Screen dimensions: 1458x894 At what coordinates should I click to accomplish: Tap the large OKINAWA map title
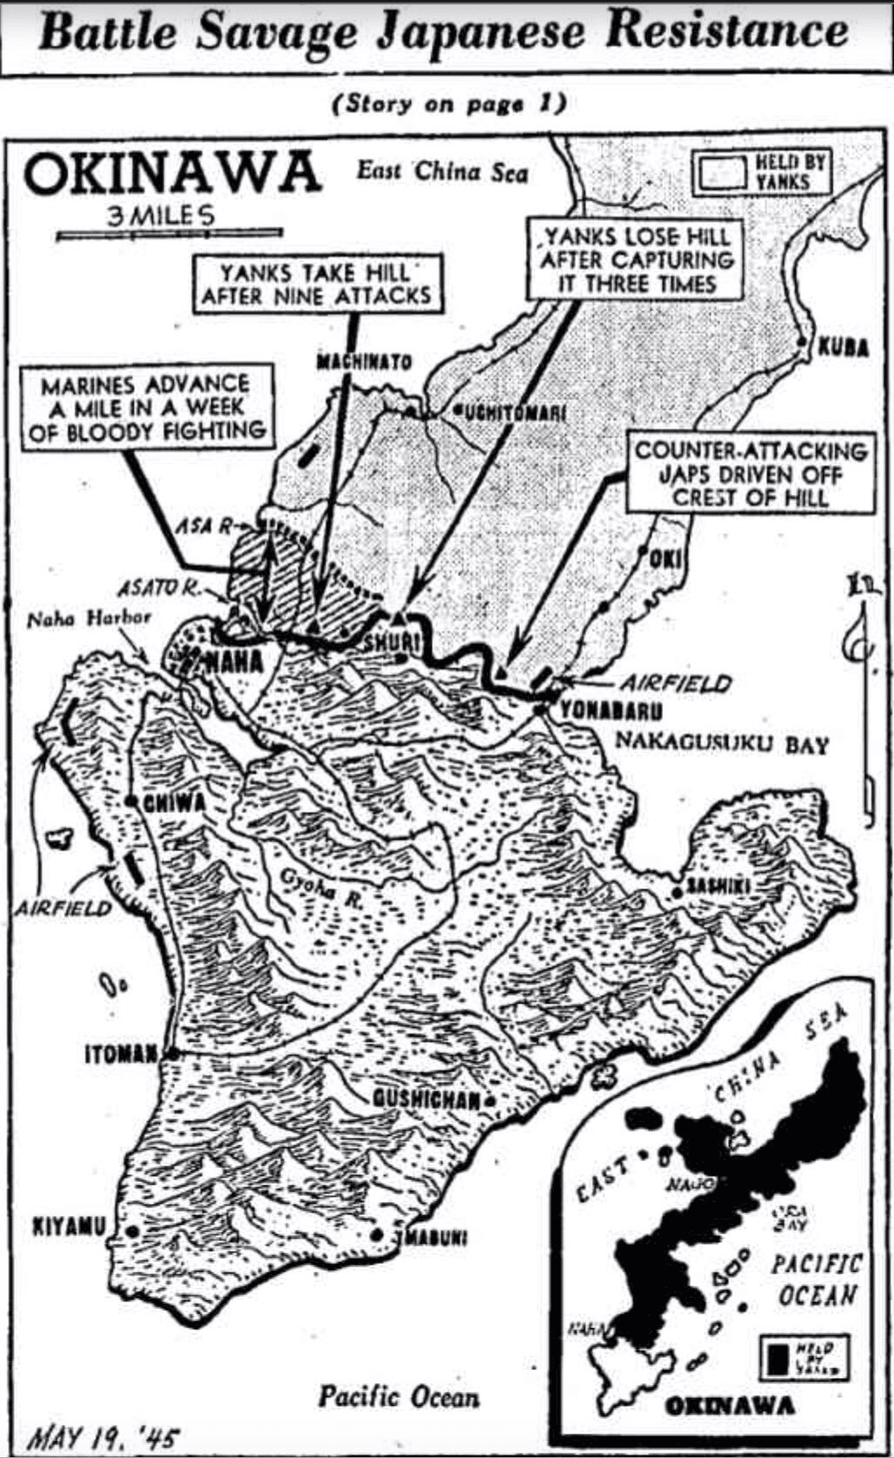tap(171, 173)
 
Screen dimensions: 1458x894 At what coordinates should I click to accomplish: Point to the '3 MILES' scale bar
tap(169, 225)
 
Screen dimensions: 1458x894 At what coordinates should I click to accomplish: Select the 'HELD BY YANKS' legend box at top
tap(761, 171)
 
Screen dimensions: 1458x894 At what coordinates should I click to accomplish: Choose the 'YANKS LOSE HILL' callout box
tap(635, 259)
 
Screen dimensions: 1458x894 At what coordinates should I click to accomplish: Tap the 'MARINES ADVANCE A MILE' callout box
tap(145, 407)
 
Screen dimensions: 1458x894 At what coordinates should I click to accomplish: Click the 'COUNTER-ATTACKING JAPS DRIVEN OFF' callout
tap(750, 474)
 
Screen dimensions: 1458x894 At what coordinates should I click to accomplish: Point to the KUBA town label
tap(843, 347)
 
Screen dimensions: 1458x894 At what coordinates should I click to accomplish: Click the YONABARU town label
tap(611, 711)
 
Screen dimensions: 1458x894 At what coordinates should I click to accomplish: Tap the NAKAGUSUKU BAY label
tap(722, 743)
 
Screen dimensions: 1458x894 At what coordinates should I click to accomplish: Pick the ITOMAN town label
tap(122, 1054)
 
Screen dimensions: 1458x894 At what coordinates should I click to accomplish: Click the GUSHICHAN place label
tap(427, 1100)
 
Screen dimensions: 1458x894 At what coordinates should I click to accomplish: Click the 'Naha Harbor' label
tap(89, 619)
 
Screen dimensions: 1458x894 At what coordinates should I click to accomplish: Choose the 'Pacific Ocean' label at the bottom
tap(398, 1397)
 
